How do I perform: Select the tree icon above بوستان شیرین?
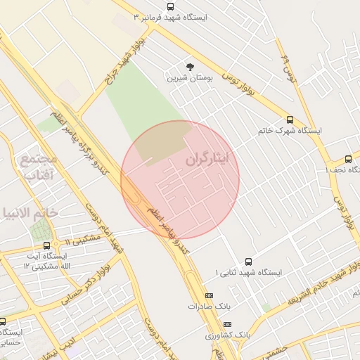(x=189, y=66)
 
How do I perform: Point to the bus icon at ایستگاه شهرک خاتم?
(x=290, y=120)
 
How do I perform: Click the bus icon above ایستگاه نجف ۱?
(x=349, y=159)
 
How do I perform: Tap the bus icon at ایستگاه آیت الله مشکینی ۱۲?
(x=46, y=245)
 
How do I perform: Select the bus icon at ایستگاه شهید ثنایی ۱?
(x=247, y=261)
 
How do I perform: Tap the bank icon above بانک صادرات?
(x=209, y=296)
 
